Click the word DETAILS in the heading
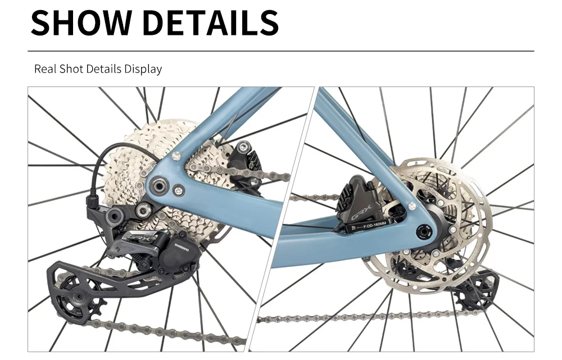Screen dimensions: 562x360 212,22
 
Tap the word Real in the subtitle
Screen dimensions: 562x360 45,69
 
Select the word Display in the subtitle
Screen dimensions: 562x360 143,70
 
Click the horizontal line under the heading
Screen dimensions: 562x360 281,51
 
